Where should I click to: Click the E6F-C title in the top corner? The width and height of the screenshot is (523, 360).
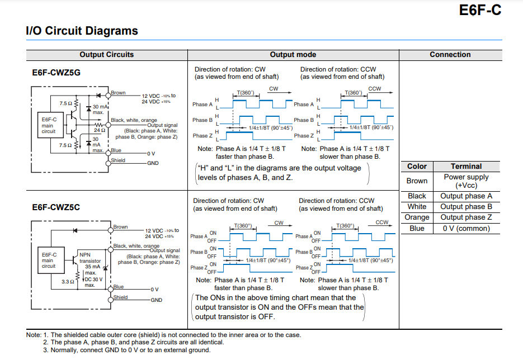[480, 10]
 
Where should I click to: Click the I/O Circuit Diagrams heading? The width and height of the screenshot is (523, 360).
[82, 31]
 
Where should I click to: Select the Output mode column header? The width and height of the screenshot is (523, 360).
[293, 55]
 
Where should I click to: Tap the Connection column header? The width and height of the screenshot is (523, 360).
[450, 55]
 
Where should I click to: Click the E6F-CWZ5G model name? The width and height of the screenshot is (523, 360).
[56, 73]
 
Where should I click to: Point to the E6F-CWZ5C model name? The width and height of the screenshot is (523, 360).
[56, 207]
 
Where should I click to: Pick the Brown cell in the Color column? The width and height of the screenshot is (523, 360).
[417, 181]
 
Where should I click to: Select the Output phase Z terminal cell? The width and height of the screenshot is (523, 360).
[466, 217]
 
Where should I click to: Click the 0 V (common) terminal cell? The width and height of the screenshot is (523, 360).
[466, 228]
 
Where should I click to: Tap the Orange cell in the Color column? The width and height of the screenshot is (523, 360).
[417, 217]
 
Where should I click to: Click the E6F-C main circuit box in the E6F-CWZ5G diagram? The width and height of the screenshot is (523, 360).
[49, 125]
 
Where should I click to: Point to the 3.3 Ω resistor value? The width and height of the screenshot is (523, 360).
[67, 282]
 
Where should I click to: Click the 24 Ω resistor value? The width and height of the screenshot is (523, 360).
[100, 130]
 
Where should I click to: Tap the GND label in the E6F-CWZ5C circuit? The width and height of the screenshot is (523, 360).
[157, 300]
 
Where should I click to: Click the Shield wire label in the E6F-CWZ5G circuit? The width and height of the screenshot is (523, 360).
[118, 160]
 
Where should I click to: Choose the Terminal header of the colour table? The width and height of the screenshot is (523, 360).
[466, 167]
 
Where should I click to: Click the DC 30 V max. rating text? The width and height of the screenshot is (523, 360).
[93, 282]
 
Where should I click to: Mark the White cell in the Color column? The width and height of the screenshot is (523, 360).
[417, 207]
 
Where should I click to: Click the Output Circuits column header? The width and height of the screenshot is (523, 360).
[106, 55]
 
